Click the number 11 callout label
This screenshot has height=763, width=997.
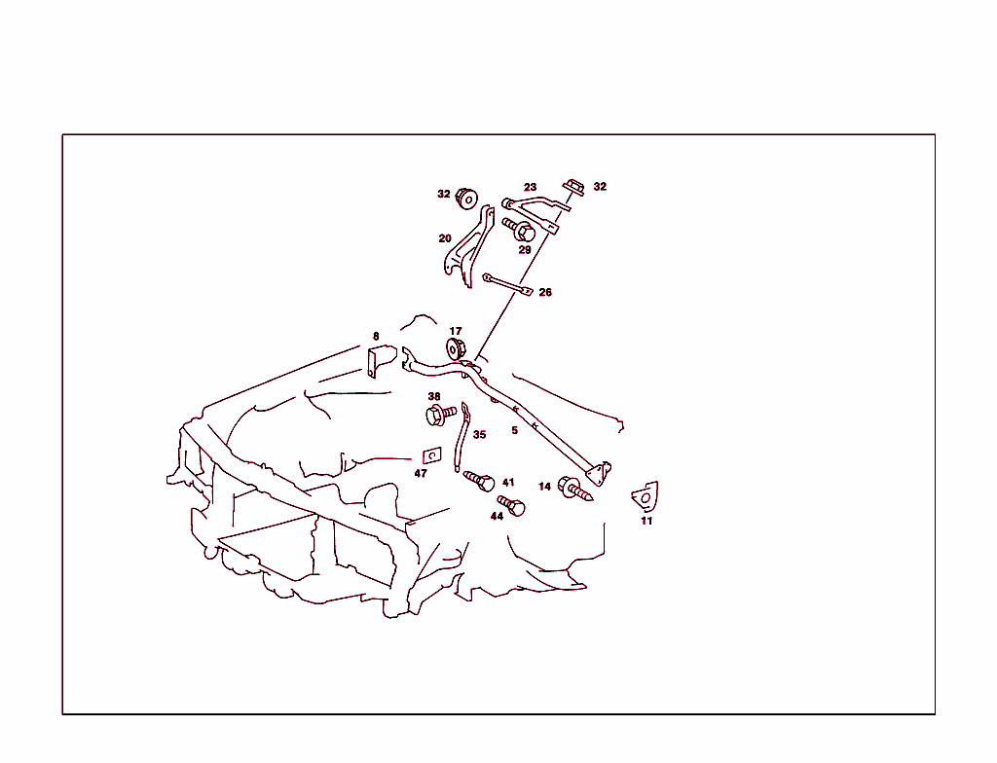pyautogui.click(x=646, y=521)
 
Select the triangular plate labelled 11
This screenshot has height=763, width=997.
pyautogui.click(x=646, y=496)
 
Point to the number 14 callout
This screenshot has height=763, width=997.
pyautogui.click(x=544, y=487)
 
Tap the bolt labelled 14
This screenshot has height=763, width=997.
pyautogui.click(x=574, y=489)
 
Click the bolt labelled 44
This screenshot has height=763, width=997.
pyautogui.click(x=511, y=505)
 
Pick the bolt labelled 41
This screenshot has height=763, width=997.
pyautogui.click(x=479, y=481)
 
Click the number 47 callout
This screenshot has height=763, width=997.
pyautogui.click(x=421, y=473)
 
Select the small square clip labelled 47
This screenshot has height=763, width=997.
pyautogui.click(x=432, y=455)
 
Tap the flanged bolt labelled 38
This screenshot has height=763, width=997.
pyautogui.click(x=440, y=415)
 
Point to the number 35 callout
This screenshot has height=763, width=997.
pyautogui.click(x=479, y=435)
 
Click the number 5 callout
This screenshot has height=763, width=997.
pyautogui.click(x=514, y=430)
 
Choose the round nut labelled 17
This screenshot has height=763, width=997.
pyautogui.click(x=456, y=349)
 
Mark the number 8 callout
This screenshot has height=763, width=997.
pyautogui.click(x=376, y=337)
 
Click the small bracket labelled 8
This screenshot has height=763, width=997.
pyautogui.click(x=382, y=360)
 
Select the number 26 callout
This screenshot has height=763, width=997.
pyautogui.click(x=545, y=293)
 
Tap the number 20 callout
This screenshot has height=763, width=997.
pyautogui.click(x=444, y=238)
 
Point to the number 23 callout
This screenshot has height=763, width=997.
pyautogui.click(x=530, y=187)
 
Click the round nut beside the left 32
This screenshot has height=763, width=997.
pyautogui.click(x=466, y=199)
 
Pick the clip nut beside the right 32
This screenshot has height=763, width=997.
pyautogui.click(x=573, y=188)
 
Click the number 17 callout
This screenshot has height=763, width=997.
pyautogui.click(x=456, y=331)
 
